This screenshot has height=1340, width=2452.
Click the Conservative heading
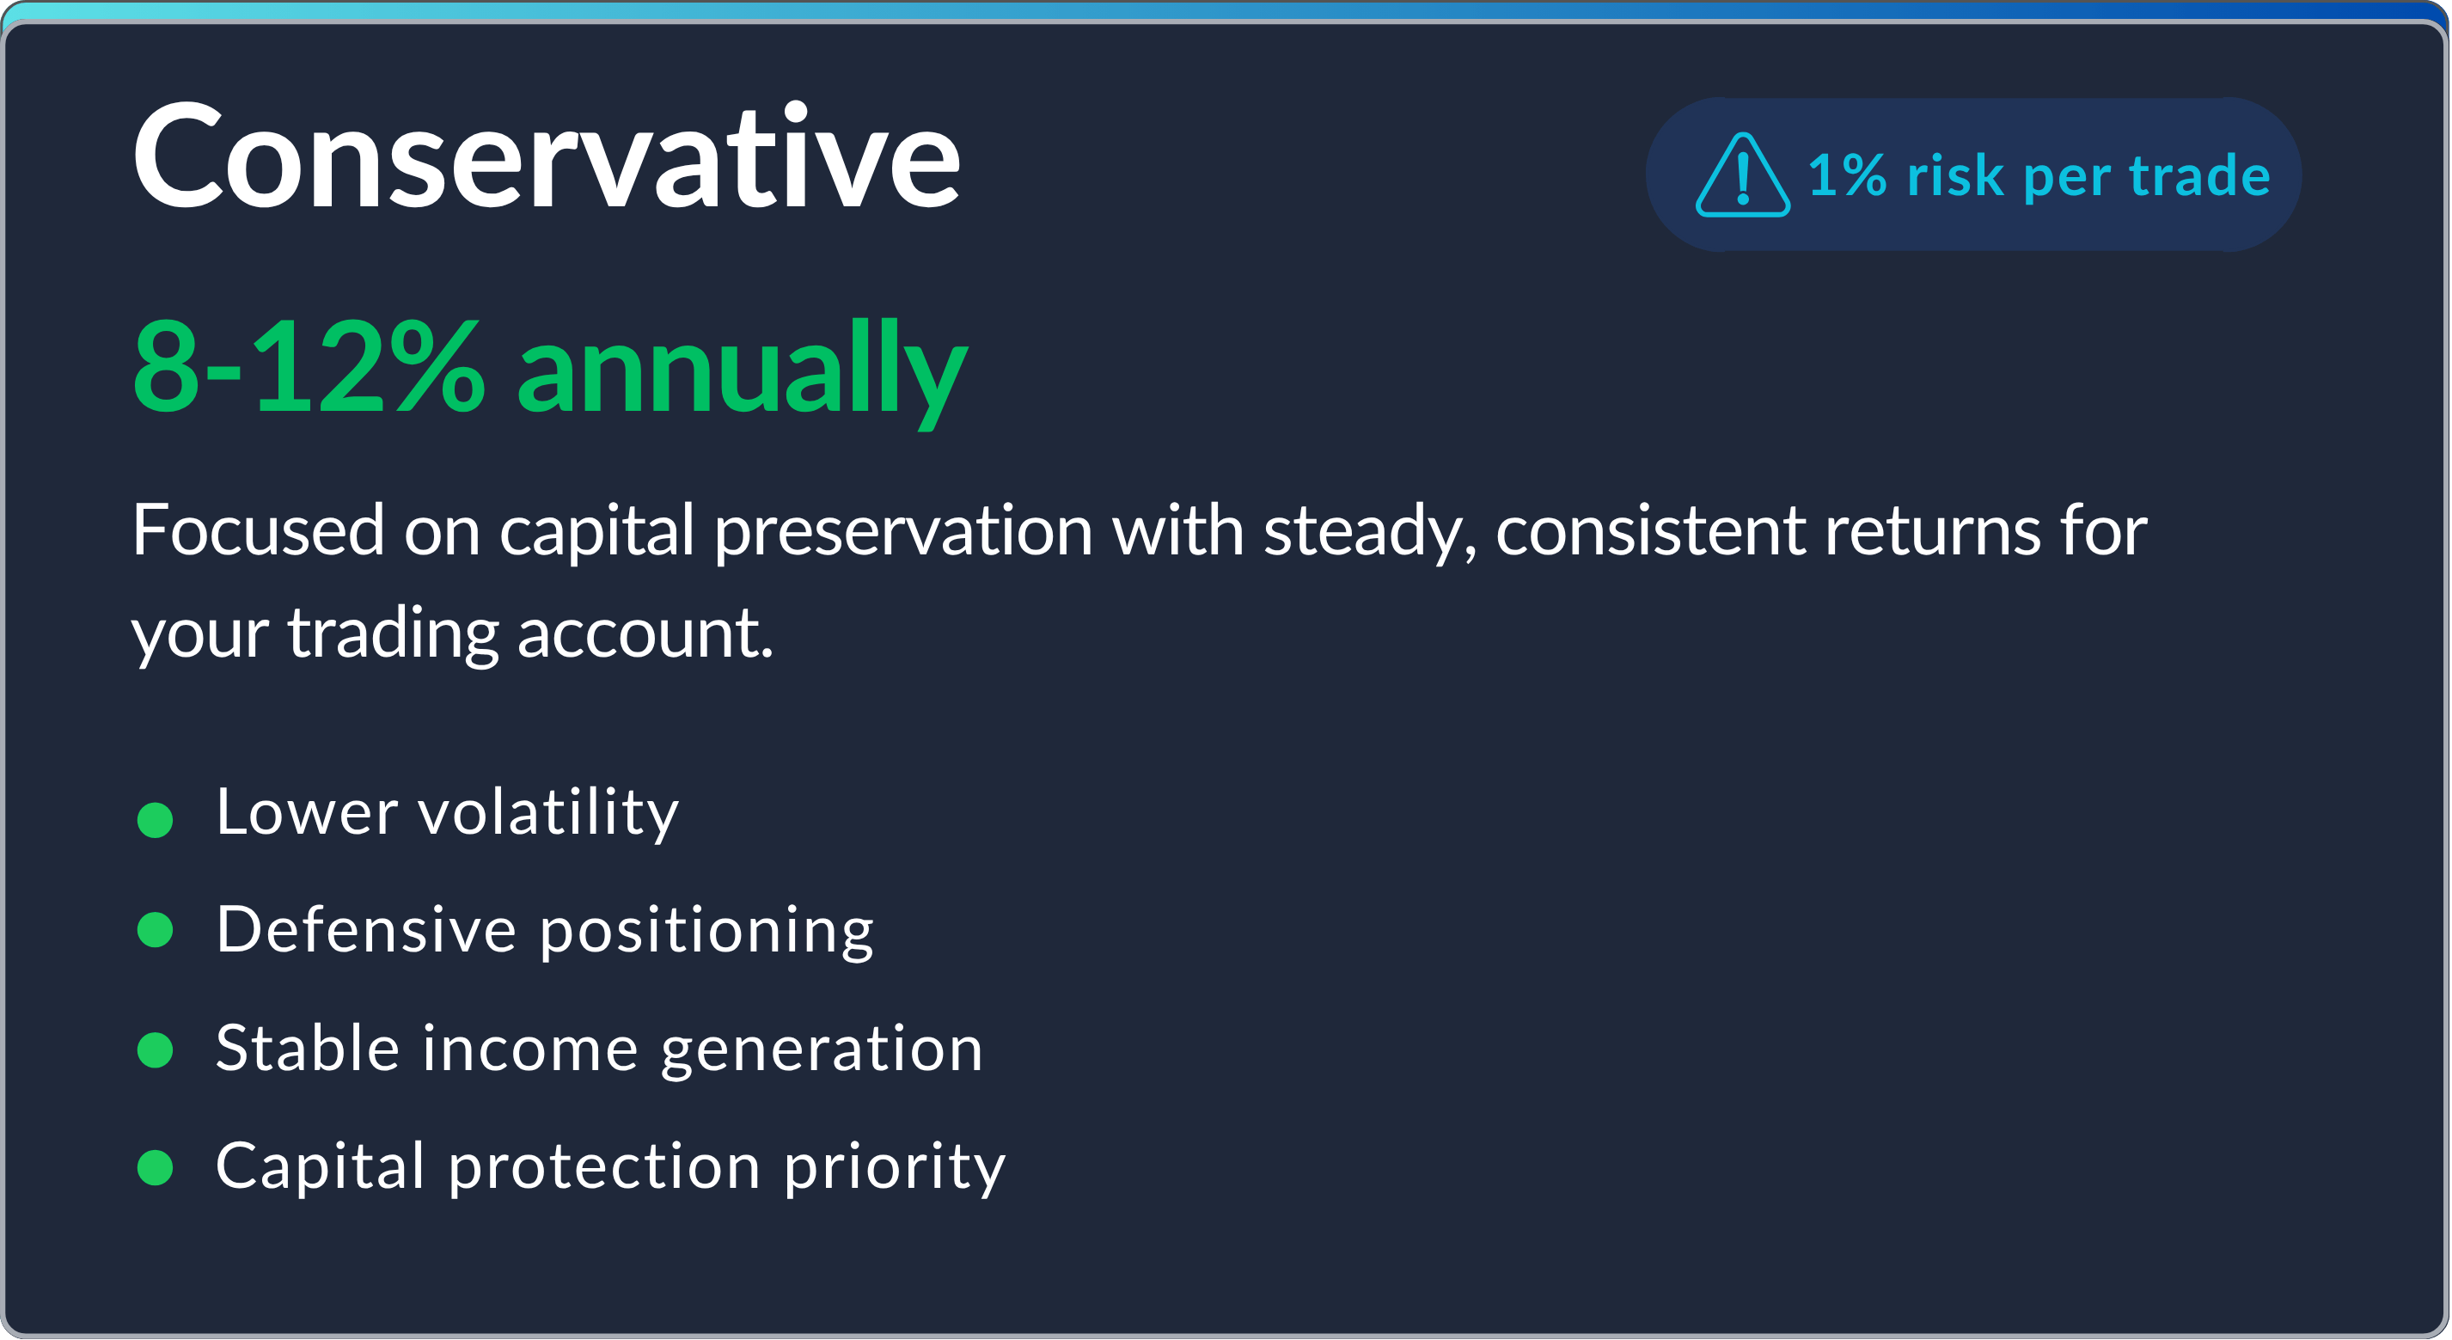click(546, 157)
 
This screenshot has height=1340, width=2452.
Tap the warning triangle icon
click(1742, 176)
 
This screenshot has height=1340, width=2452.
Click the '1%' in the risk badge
click(1847, 176)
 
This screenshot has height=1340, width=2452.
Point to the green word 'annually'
click(741, 371)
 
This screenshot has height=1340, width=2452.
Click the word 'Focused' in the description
click(258, 530)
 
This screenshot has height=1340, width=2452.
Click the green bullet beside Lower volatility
click(156, 819)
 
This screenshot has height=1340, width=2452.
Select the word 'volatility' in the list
click(548, 815)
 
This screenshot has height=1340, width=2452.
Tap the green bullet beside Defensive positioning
click(156, 930)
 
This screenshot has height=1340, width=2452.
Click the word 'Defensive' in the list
click(365, 930)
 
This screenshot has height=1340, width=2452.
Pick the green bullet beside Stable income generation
click(156, 1049)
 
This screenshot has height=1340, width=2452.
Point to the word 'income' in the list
click(530, 1049)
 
